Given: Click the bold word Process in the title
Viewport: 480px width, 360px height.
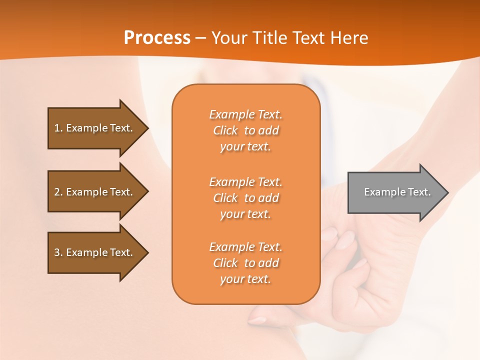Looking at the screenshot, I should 157,37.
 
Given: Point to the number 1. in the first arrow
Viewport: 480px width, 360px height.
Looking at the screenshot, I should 58,128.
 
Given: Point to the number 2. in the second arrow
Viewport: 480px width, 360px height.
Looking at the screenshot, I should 58,192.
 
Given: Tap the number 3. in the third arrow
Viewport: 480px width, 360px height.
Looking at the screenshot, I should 58,252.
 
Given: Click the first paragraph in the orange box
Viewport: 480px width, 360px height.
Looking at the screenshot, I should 245,130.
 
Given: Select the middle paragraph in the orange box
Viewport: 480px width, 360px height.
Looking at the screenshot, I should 245,198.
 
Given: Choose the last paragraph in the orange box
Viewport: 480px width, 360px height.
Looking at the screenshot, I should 245,263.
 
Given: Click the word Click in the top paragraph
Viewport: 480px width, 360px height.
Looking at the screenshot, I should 225,130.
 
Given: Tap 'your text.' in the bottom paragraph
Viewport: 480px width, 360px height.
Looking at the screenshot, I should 245,279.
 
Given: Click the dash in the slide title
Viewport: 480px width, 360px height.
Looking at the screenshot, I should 200,38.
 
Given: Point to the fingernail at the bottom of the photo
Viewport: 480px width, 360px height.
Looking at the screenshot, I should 257,319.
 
